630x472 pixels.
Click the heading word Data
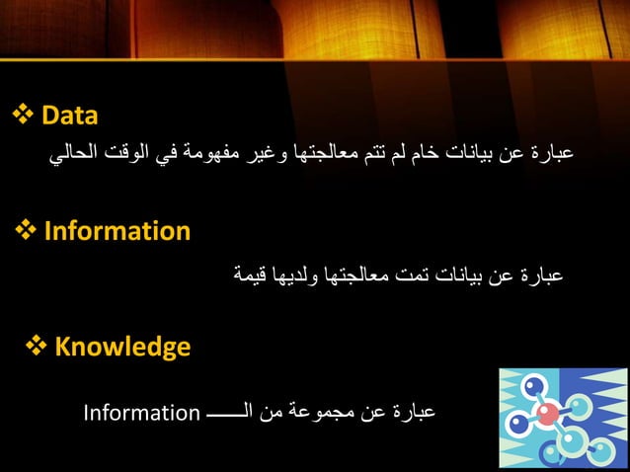[x=69, y=117]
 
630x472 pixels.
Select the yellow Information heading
[x=117, y=232]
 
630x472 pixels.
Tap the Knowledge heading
[x=122, y=347]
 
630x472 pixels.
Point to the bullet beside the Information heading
[x=27, y=232]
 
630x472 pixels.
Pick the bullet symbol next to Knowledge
[x=37, y=347]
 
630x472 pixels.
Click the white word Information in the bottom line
[x=141, y=412]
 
